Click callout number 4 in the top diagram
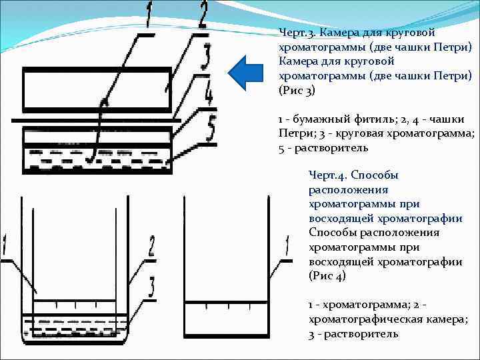(x=209, y=93)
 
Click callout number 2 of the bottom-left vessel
(x=151, y=245)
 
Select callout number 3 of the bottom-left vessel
(x=151, y=287)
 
